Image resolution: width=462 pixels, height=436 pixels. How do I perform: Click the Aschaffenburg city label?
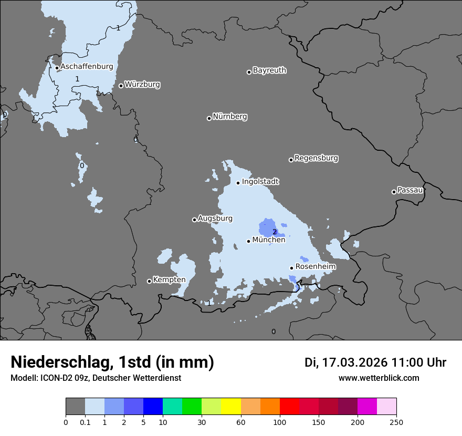point(87,67)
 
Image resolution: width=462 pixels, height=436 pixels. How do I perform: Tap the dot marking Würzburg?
point(121,86)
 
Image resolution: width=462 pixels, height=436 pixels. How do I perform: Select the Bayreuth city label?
point(269,70)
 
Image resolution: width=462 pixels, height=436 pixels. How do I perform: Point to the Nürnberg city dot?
point(209,118)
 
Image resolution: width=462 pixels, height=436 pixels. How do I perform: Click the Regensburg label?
point(316,158)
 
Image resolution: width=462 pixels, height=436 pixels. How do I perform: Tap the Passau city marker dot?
point(394,192)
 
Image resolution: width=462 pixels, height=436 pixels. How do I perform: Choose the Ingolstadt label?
point(260,182)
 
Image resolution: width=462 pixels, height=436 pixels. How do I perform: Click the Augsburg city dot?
point(194,220)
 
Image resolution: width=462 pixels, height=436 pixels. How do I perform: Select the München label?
point(269,240)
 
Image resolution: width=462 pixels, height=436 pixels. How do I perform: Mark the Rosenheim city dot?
point(291,268)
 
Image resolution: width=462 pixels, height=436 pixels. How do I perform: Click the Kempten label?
point(169,279)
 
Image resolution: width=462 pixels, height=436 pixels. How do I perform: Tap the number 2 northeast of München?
point(275,232)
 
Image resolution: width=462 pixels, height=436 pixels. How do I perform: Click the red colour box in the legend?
point(289,407)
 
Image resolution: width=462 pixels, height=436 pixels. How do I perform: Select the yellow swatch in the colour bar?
point(231,407)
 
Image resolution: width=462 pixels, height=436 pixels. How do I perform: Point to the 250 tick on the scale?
point(396,422)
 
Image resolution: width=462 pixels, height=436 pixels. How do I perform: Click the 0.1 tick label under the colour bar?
point(85,422)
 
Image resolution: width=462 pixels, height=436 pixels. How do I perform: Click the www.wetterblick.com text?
point(379,378)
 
